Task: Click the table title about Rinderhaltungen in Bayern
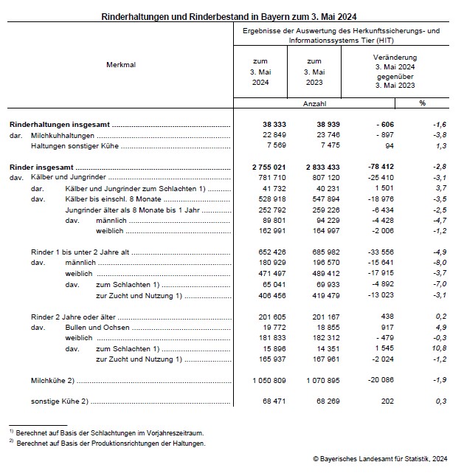tap(232, 15)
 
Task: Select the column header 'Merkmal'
tap(121, 65)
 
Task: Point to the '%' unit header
tap(423, 103)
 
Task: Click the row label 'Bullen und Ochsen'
tap(97, 327)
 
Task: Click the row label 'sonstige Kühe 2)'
tap(60, 403)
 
